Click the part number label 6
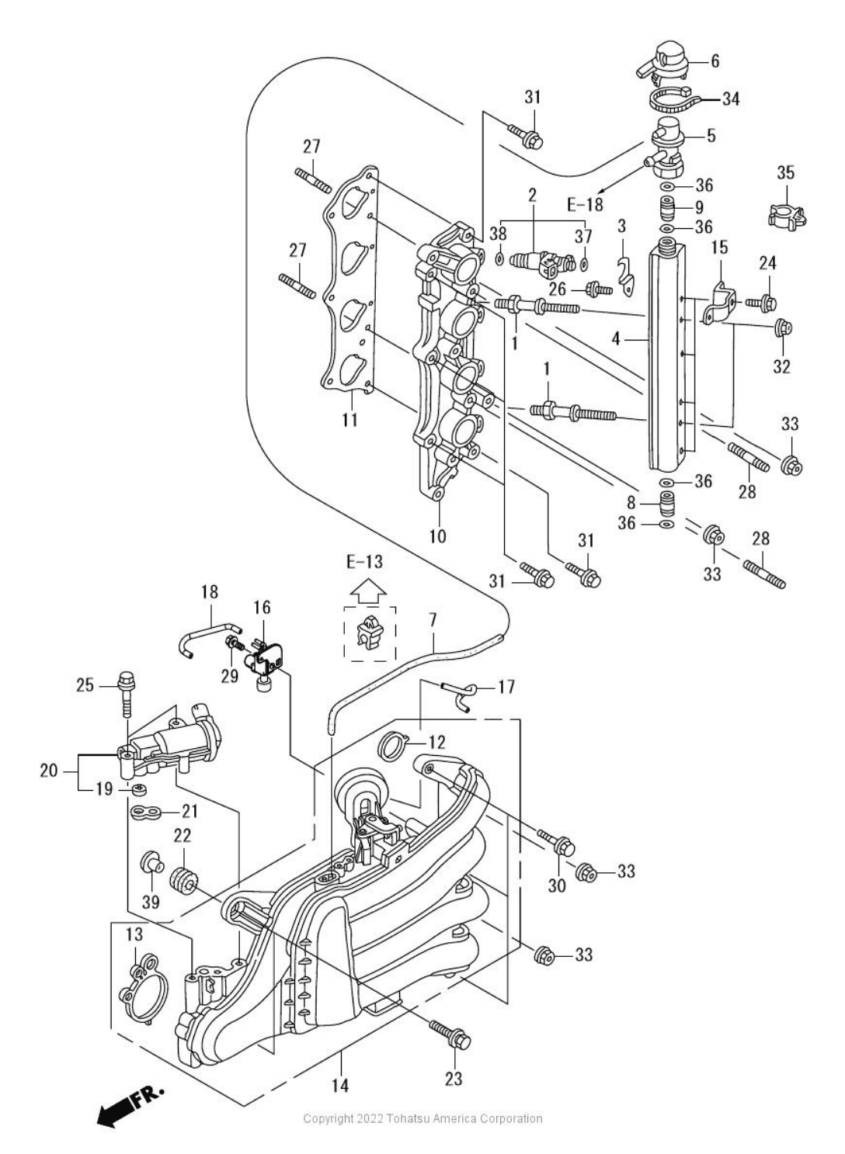click(715, 61)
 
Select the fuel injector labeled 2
click(541, 262)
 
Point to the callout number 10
click(438, 536)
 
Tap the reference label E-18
click(585, 205)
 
